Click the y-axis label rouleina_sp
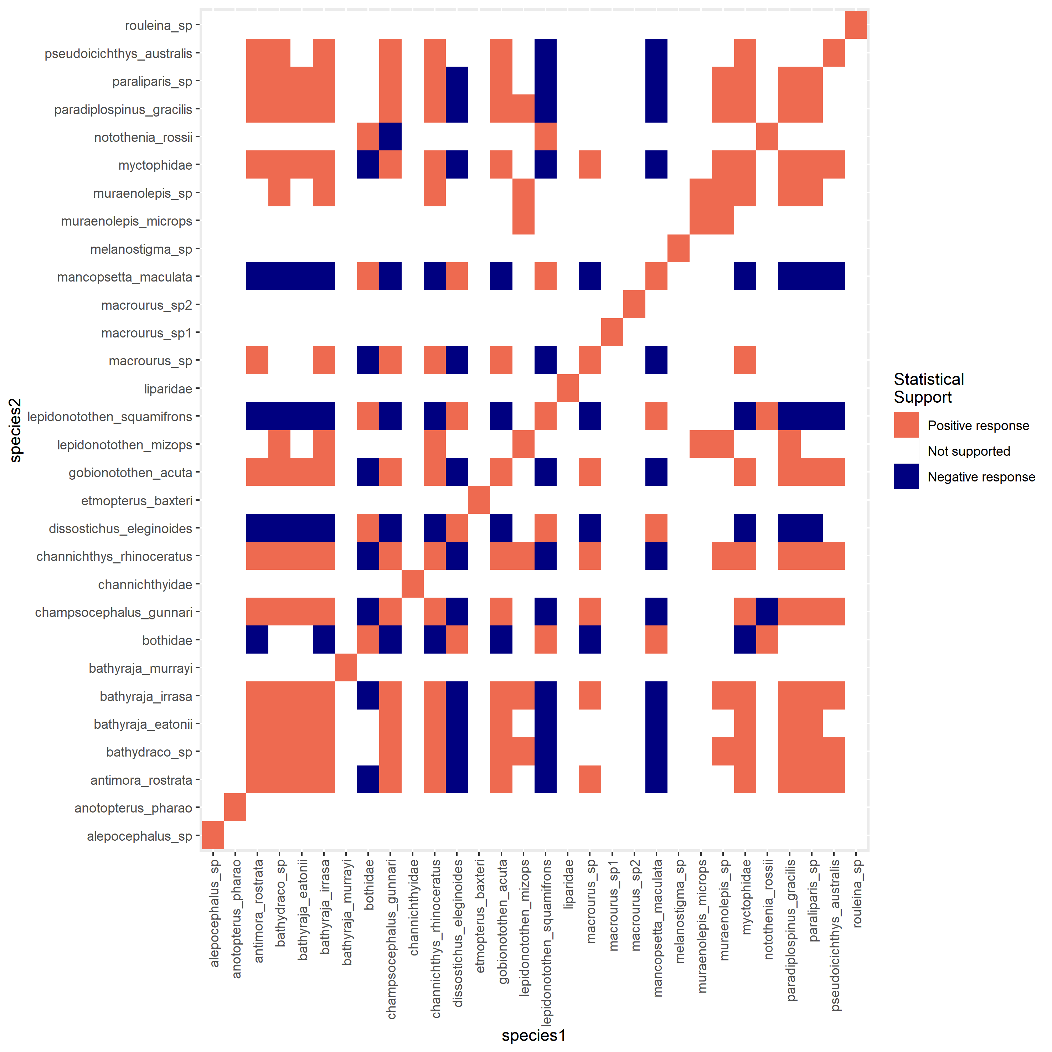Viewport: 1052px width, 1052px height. (x=159, y=26)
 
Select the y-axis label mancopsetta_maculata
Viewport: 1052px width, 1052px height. (x=125, y=277)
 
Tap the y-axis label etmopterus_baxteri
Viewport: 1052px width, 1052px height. (x=137, y=500)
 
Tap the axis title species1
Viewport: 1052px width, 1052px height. (x=533, y=1035)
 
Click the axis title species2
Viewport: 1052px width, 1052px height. (x=16, y=430)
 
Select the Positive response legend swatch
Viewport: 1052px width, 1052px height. (x=906, y=425)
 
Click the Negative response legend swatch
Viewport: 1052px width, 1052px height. (x=906, y=476)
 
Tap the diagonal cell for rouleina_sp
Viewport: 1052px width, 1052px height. (x=855, y=25)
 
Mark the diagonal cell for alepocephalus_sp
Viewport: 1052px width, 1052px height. (x=213, y=835)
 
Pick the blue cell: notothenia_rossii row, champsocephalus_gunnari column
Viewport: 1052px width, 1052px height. (x=391, y=137)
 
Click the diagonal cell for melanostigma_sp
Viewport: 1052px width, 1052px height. (x=679, y=248)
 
